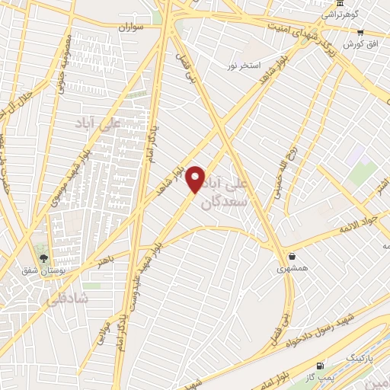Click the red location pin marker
196,179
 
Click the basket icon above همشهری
292,256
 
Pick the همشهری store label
292,268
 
